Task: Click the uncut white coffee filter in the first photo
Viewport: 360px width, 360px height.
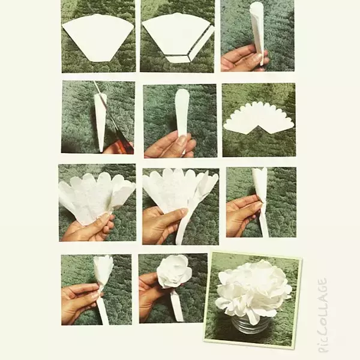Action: [98, 37]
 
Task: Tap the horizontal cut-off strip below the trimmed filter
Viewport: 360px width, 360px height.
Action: [178, 59]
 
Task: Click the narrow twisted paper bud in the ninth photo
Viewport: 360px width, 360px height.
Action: [261, 197]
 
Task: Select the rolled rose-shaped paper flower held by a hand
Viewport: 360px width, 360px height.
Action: [174, 271]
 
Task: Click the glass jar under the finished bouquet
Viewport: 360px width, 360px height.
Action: [250, 323]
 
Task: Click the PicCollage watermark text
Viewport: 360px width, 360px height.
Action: [322, 315]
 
